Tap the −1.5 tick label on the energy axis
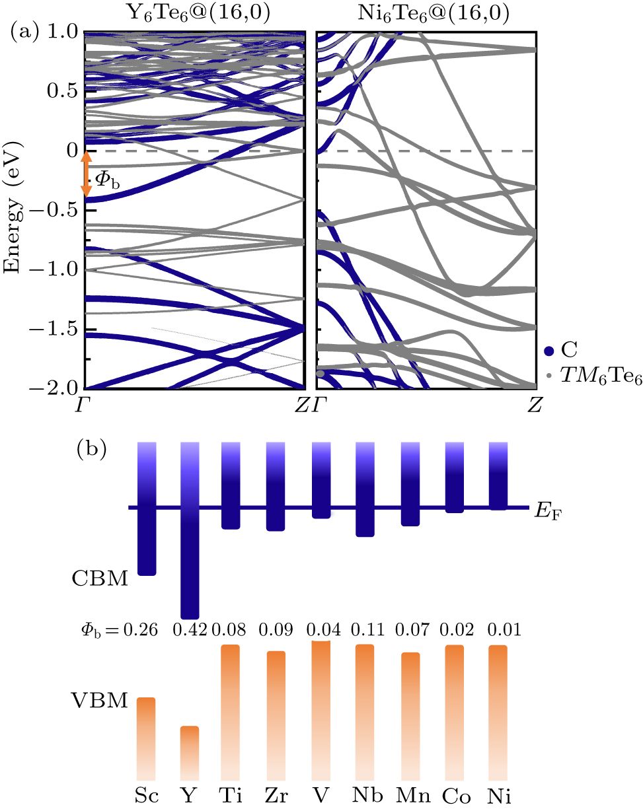[x=58, y=328]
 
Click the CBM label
[x=100, y=580]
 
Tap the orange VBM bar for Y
[x=190, y=753]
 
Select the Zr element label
[x=276, y=796]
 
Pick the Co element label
[x=453, y=796]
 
